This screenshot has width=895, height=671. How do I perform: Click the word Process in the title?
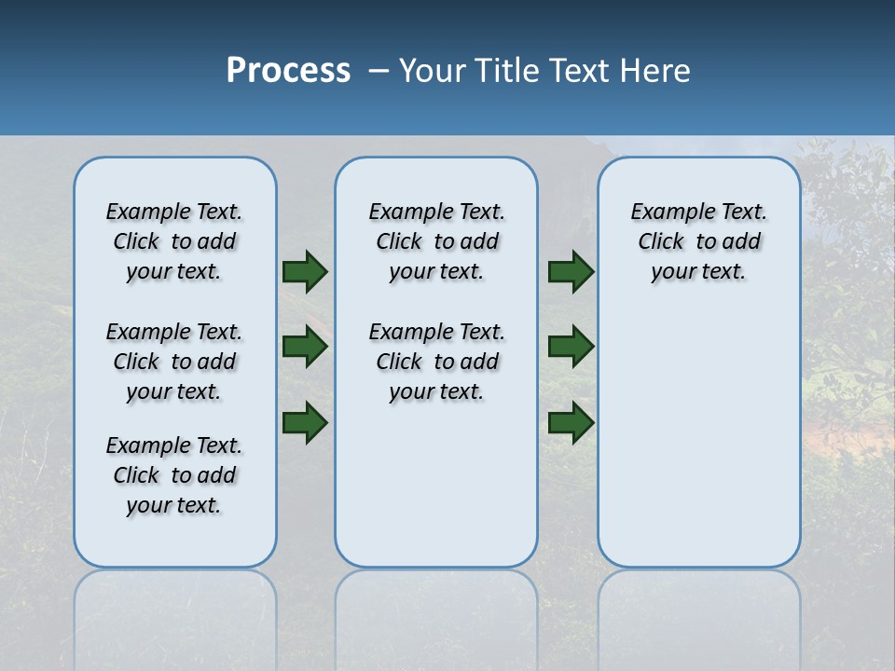(x=288, y=71)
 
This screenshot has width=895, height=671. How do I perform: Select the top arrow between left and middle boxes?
(x=305, y=271)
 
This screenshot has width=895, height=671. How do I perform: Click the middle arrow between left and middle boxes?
(x=305, y=347)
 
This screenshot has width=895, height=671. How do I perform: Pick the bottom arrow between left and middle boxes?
(x=305, y=422)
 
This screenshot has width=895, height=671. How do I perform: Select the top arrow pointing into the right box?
(x=571, y=271)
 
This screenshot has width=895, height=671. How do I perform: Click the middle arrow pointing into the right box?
(x=571, y=347)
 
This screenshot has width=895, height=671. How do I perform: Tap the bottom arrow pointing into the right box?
(x=571, y=422)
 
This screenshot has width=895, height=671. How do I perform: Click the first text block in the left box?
(x=174, y=241)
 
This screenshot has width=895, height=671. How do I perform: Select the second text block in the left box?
(x=174, y=362)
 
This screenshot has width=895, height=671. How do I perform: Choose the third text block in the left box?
(x=174, y=475)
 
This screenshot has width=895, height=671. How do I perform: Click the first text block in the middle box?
(x=436, y=241)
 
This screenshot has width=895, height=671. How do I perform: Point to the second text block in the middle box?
(x=436, y=362)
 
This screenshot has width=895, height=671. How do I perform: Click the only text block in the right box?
(x=698, y=241)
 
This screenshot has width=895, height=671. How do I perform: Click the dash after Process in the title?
(x=379, y=71)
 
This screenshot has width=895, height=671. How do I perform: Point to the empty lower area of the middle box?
(x=436, y=494)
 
